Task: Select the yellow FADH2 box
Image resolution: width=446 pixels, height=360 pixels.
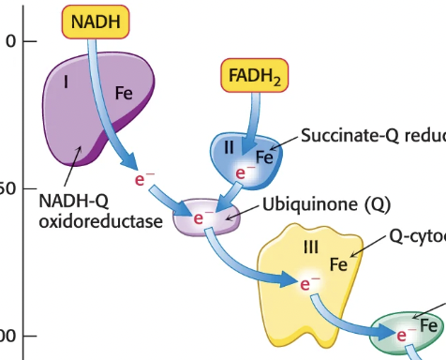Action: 251,73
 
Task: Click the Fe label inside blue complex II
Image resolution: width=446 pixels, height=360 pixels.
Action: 264,158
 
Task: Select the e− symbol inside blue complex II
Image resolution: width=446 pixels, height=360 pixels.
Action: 245,173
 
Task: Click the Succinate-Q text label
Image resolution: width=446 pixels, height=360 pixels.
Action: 372,136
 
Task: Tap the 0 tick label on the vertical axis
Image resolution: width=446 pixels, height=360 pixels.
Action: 10,41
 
